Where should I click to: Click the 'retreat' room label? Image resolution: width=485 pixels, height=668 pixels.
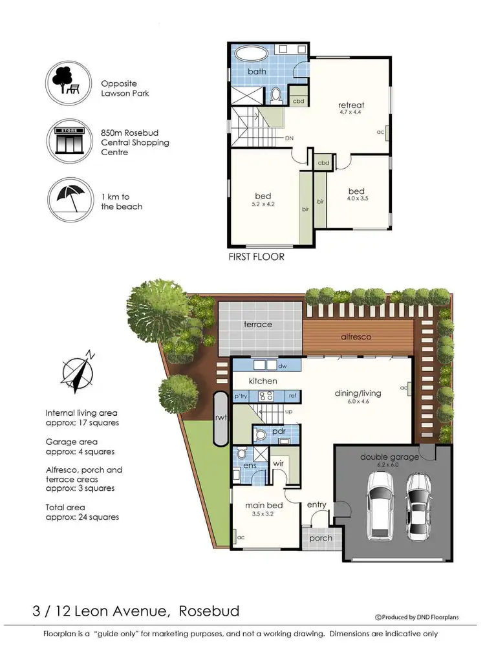click(x=351, y=105)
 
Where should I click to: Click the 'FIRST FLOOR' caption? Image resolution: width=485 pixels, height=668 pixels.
click(x=257, y=256)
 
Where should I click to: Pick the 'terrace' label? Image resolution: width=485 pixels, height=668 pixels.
click(x=257, y=324)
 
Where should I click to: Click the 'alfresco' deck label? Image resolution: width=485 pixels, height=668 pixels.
click(x=358, y=337)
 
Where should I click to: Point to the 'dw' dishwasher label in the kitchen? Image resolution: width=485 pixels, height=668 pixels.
click(x=282, y=366)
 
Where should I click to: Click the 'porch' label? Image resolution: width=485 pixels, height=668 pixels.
click(x=321, y=537)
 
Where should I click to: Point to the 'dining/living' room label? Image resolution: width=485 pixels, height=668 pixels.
click(x=358, y=393)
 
